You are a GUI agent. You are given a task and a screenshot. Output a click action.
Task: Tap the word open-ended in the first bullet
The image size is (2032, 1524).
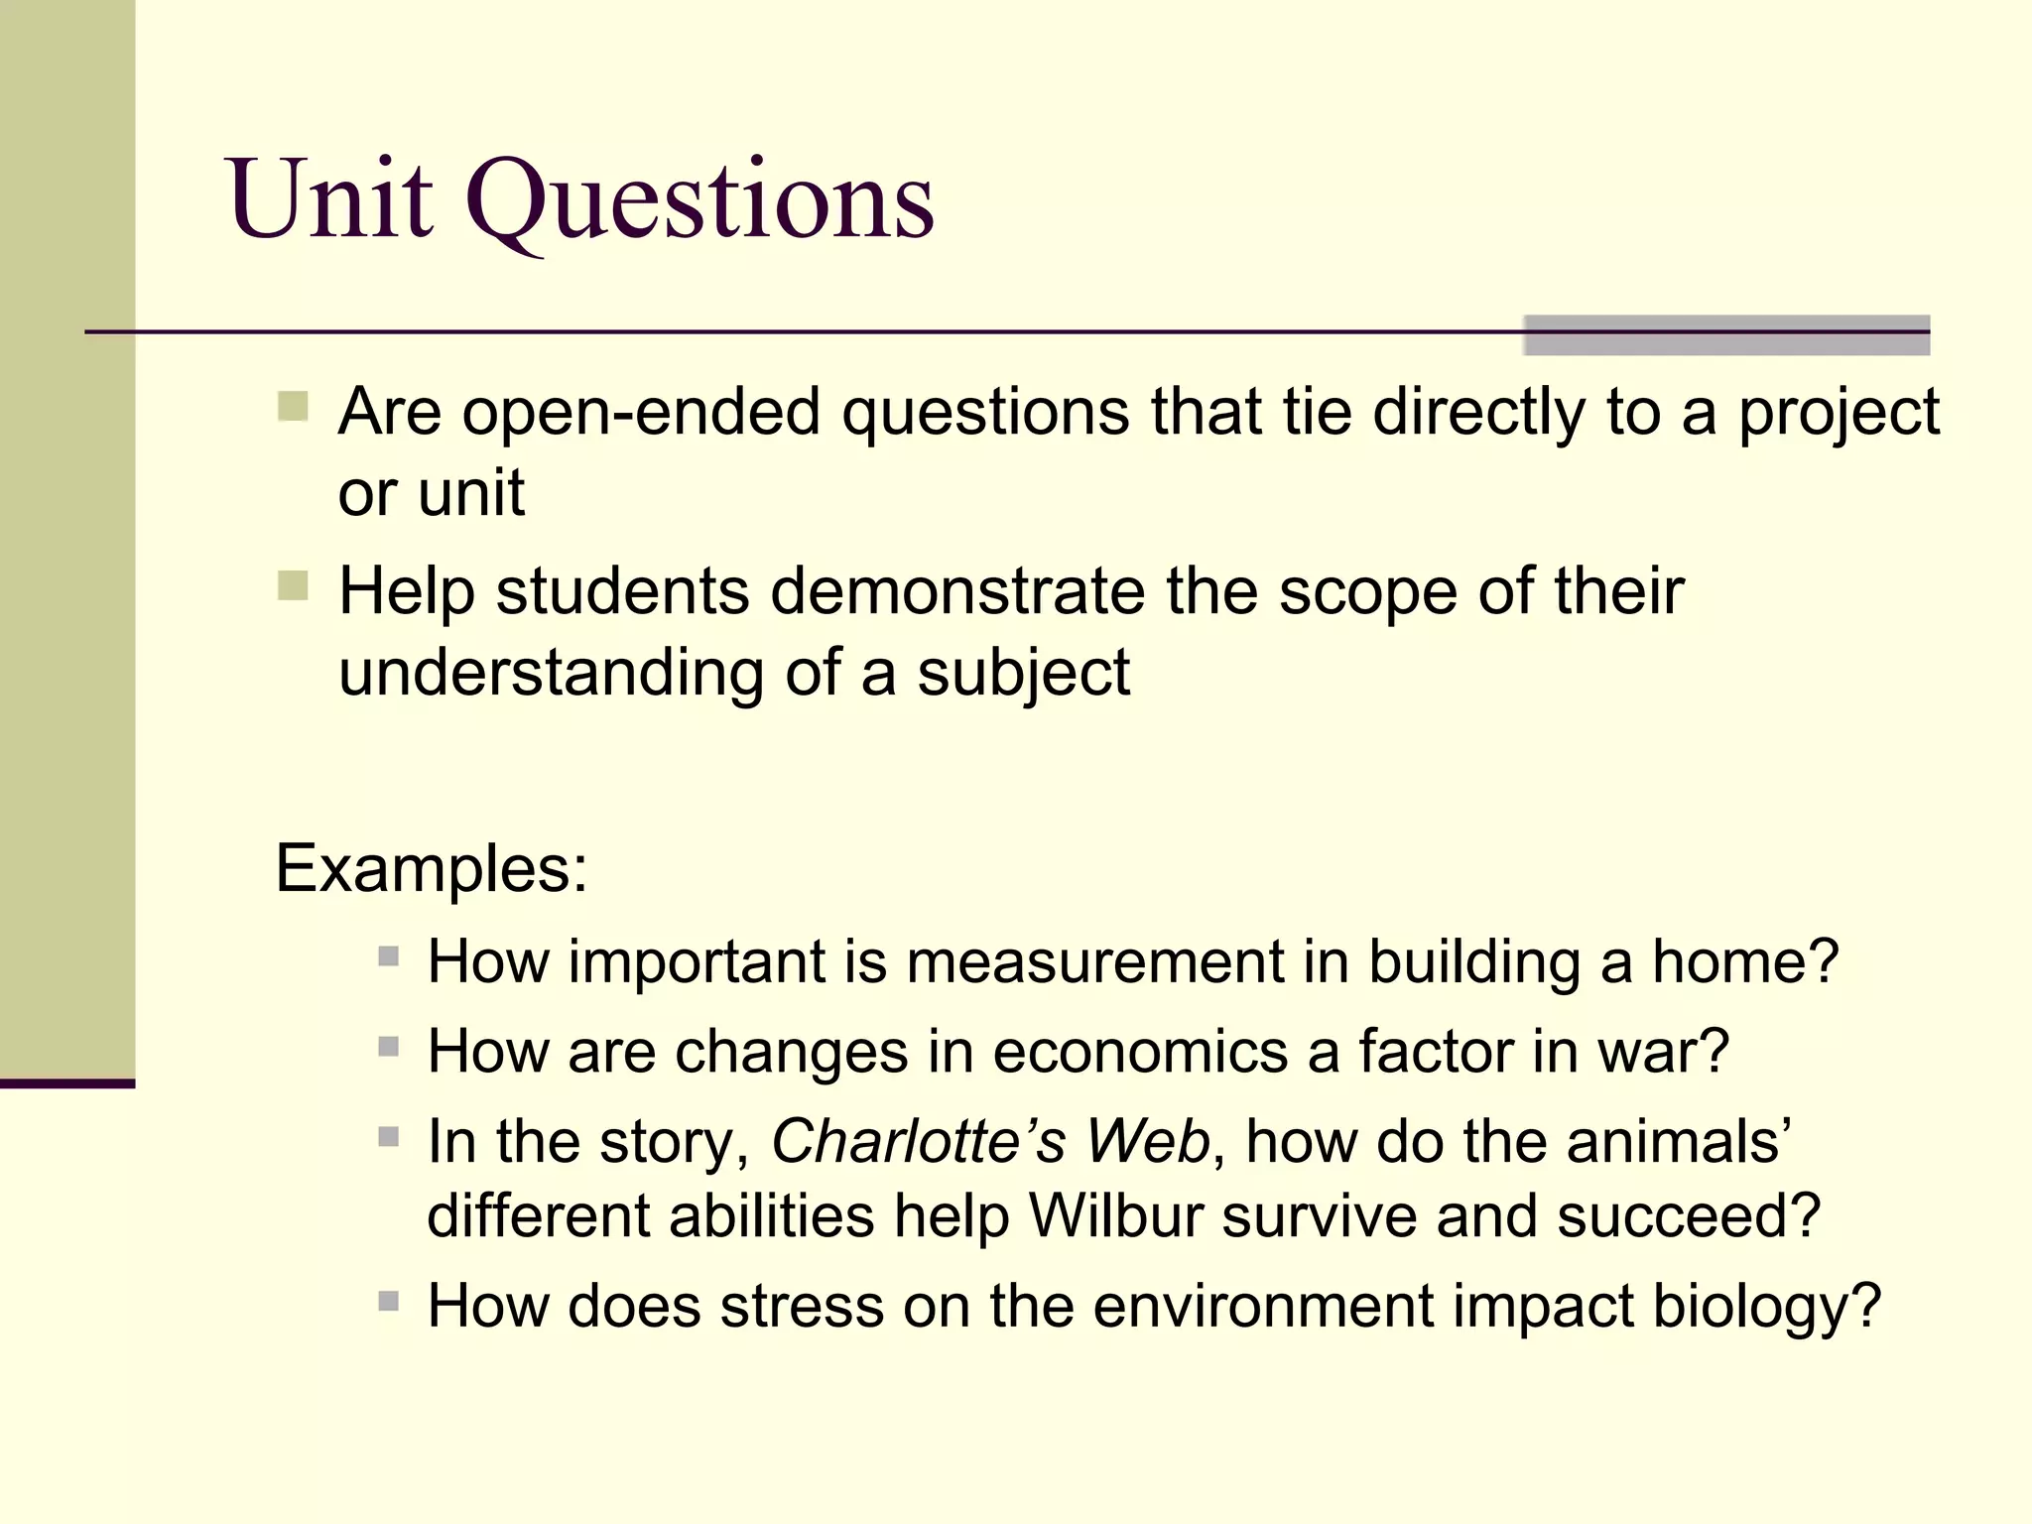641,412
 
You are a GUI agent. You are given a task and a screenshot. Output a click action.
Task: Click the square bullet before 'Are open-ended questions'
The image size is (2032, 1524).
293,407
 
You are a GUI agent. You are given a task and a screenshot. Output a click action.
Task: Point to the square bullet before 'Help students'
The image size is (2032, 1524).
293,585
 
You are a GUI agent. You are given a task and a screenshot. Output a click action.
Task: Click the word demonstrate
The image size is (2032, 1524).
956,592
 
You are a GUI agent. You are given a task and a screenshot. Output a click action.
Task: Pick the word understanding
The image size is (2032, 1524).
551,675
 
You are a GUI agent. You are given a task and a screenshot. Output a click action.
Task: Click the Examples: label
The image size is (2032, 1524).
432,869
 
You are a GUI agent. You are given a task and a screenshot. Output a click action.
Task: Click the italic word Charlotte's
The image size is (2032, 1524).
918,1141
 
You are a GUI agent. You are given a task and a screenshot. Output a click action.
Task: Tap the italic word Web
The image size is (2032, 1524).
1148,1141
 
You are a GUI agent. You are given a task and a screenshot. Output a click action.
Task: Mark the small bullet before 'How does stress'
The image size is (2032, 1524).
389,1301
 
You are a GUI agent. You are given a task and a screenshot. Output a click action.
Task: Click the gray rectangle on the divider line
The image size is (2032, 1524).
1726,335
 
